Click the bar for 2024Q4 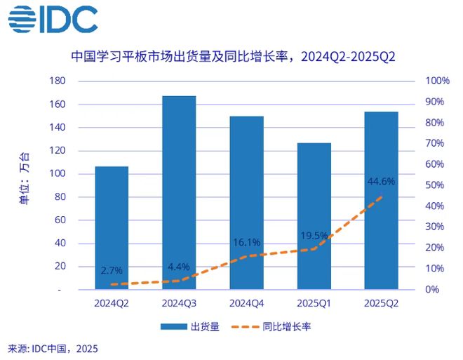click(x=246, y=203)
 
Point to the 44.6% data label click(x=381, y=181)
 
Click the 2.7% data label click(x=112, y=269)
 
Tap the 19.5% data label click(x=314, y=235)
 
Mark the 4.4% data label click(x=179, y=267)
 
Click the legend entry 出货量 click(x=189, y=326)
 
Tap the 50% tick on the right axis click(x=436, y=185)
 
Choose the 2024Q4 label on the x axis click(x=246, y=302)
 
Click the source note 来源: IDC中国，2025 click(x=53, y=349)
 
